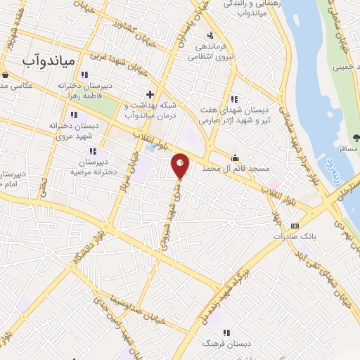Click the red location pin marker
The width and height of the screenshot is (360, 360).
click(x=181, y=165)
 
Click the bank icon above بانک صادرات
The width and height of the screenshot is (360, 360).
click(x=294, y=226)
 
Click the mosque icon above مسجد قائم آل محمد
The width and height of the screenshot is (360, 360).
click(x=235, y=157)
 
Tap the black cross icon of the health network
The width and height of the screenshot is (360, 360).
click(x=149, y=94)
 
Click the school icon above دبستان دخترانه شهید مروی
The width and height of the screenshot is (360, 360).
click(x=73, y=114)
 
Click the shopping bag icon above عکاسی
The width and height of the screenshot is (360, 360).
click(x=5, y=75)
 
